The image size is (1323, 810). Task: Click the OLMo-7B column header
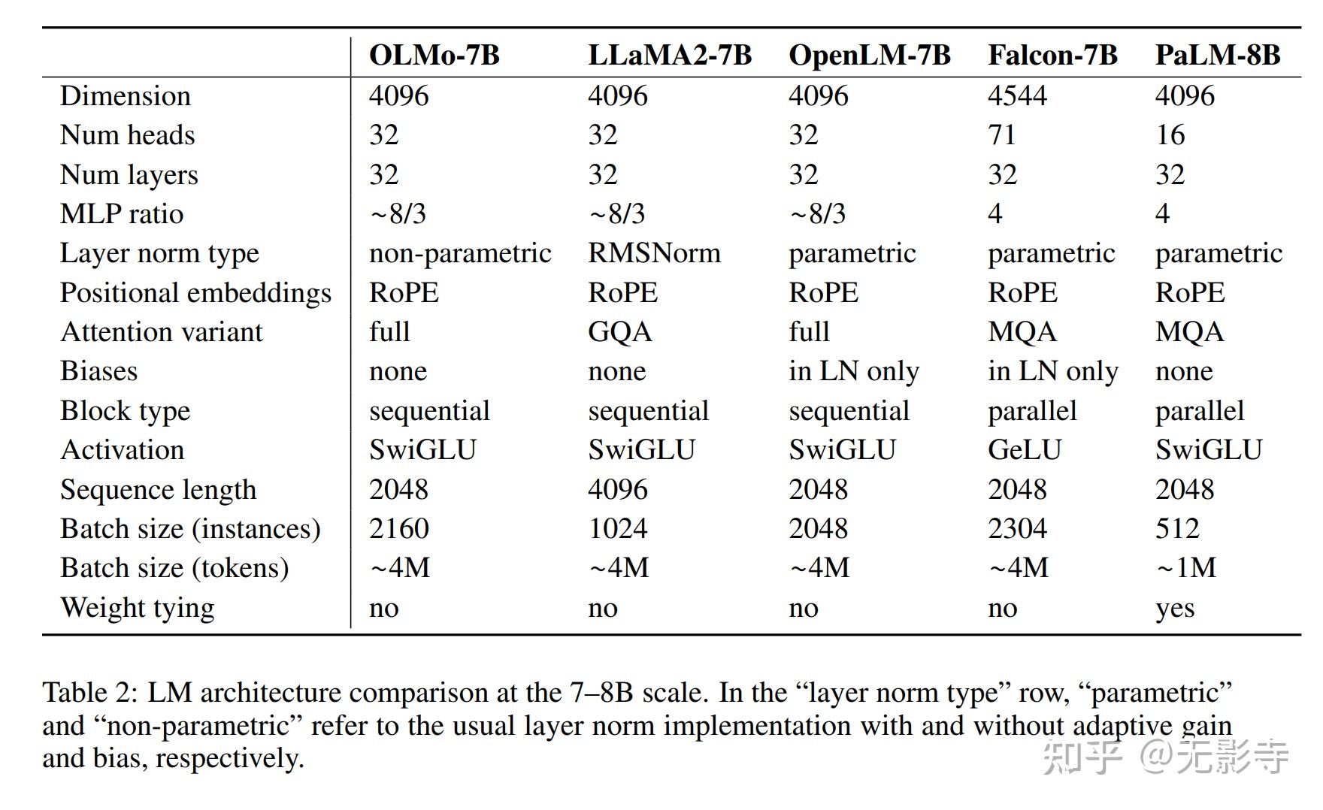434,55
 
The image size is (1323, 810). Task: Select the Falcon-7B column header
1052,55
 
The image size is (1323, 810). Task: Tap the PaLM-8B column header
1217,55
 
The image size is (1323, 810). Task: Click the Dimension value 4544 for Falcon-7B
1017,95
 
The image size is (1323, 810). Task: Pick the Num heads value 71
1001,135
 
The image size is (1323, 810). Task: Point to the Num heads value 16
1170,135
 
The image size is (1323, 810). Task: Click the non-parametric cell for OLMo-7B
460,253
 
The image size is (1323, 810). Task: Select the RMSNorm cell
654,253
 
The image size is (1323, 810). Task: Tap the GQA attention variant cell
619,332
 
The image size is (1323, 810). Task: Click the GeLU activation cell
1024,450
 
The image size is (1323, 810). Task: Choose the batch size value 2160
398,529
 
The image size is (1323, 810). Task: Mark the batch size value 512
1177,529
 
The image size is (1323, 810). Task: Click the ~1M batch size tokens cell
1185,568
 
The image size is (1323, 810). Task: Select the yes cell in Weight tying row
1174,608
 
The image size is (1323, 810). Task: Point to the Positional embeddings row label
195,293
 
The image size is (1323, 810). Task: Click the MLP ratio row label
122,214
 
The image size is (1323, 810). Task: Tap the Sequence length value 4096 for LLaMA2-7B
617,490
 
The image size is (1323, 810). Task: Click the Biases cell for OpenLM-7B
853,371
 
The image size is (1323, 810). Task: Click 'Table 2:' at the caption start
89,693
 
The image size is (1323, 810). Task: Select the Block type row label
125,411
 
